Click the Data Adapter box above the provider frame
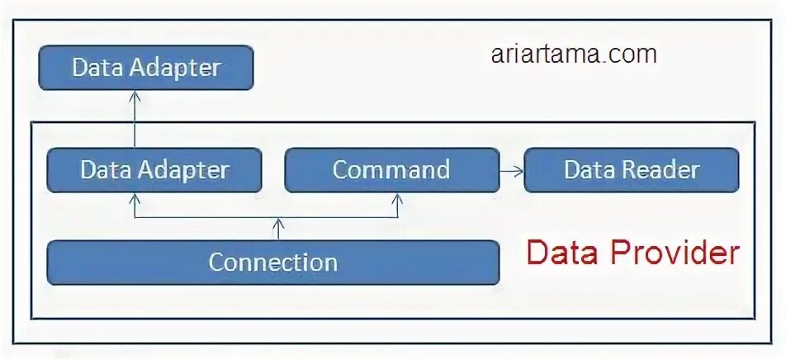pyautogui.click(x=145, y=68)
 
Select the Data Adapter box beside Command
pyautogui.click(x=154, y=170)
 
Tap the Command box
pyautogui.click(x=391, y=170)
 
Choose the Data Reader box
pyautogui.click(x=632, y=170)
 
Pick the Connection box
pyautogui.click(x=272, y=263)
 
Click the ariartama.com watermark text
pyautogui.click(x=573, y=54)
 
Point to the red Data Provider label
pyautogui.click(x=632, y=253)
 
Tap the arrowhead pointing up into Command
pyautogui.click(x=397, y=199)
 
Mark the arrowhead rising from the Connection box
pyautogui.click(x=279, y=223)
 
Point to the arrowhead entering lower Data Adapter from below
pyautogui.click(x=133, y=199)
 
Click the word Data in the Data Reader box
pyautogui.click(x=589, y=170)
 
